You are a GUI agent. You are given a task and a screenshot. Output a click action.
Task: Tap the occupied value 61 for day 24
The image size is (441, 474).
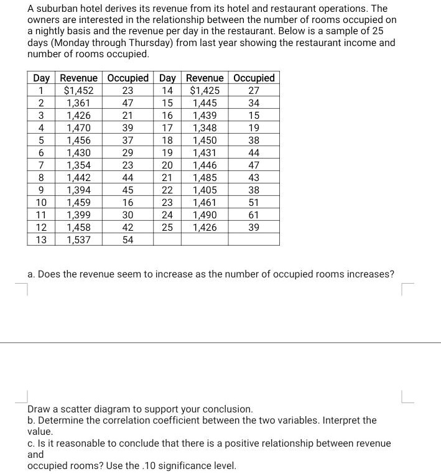[x=254, y=215]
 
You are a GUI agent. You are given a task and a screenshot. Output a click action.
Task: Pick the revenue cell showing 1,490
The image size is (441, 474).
[x=205, y=215]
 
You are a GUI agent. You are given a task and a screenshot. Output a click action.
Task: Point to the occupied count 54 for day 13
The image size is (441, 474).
[x=128, y=239]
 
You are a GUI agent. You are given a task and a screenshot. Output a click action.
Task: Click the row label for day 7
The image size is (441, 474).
[x=41, y=165]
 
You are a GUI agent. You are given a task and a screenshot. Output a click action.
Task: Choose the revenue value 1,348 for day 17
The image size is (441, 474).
[x=205, y=128]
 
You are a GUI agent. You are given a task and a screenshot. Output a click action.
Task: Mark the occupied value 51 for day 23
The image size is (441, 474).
[x=254, y=202]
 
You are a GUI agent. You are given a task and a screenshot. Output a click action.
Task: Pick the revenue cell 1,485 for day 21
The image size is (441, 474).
[x=205, y=177]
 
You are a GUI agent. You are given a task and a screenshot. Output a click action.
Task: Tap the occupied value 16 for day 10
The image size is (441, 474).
[x=128, y=202]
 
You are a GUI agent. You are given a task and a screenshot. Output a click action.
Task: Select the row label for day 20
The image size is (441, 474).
[x=167, y=165]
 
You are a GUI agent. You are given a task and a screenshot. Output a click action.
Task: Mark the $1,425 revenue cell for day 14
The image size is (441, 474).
[x=205, y=91]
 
